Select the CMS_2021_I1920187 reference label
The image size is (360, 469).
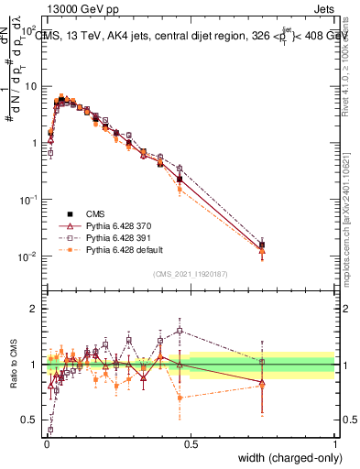[x=190, y=274]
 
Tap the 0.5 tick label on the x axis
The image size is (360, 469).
[x=191, y=443]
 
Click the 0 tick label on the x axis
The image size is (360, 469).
[x=46, y=443]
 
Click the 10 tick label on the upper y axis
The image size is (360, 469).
[x=31, y=85]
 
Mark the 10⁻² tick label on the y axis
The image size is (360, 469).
[x=29, y=256]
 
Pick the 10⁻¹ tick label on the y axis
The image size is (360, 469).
[x=29, y=170]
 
